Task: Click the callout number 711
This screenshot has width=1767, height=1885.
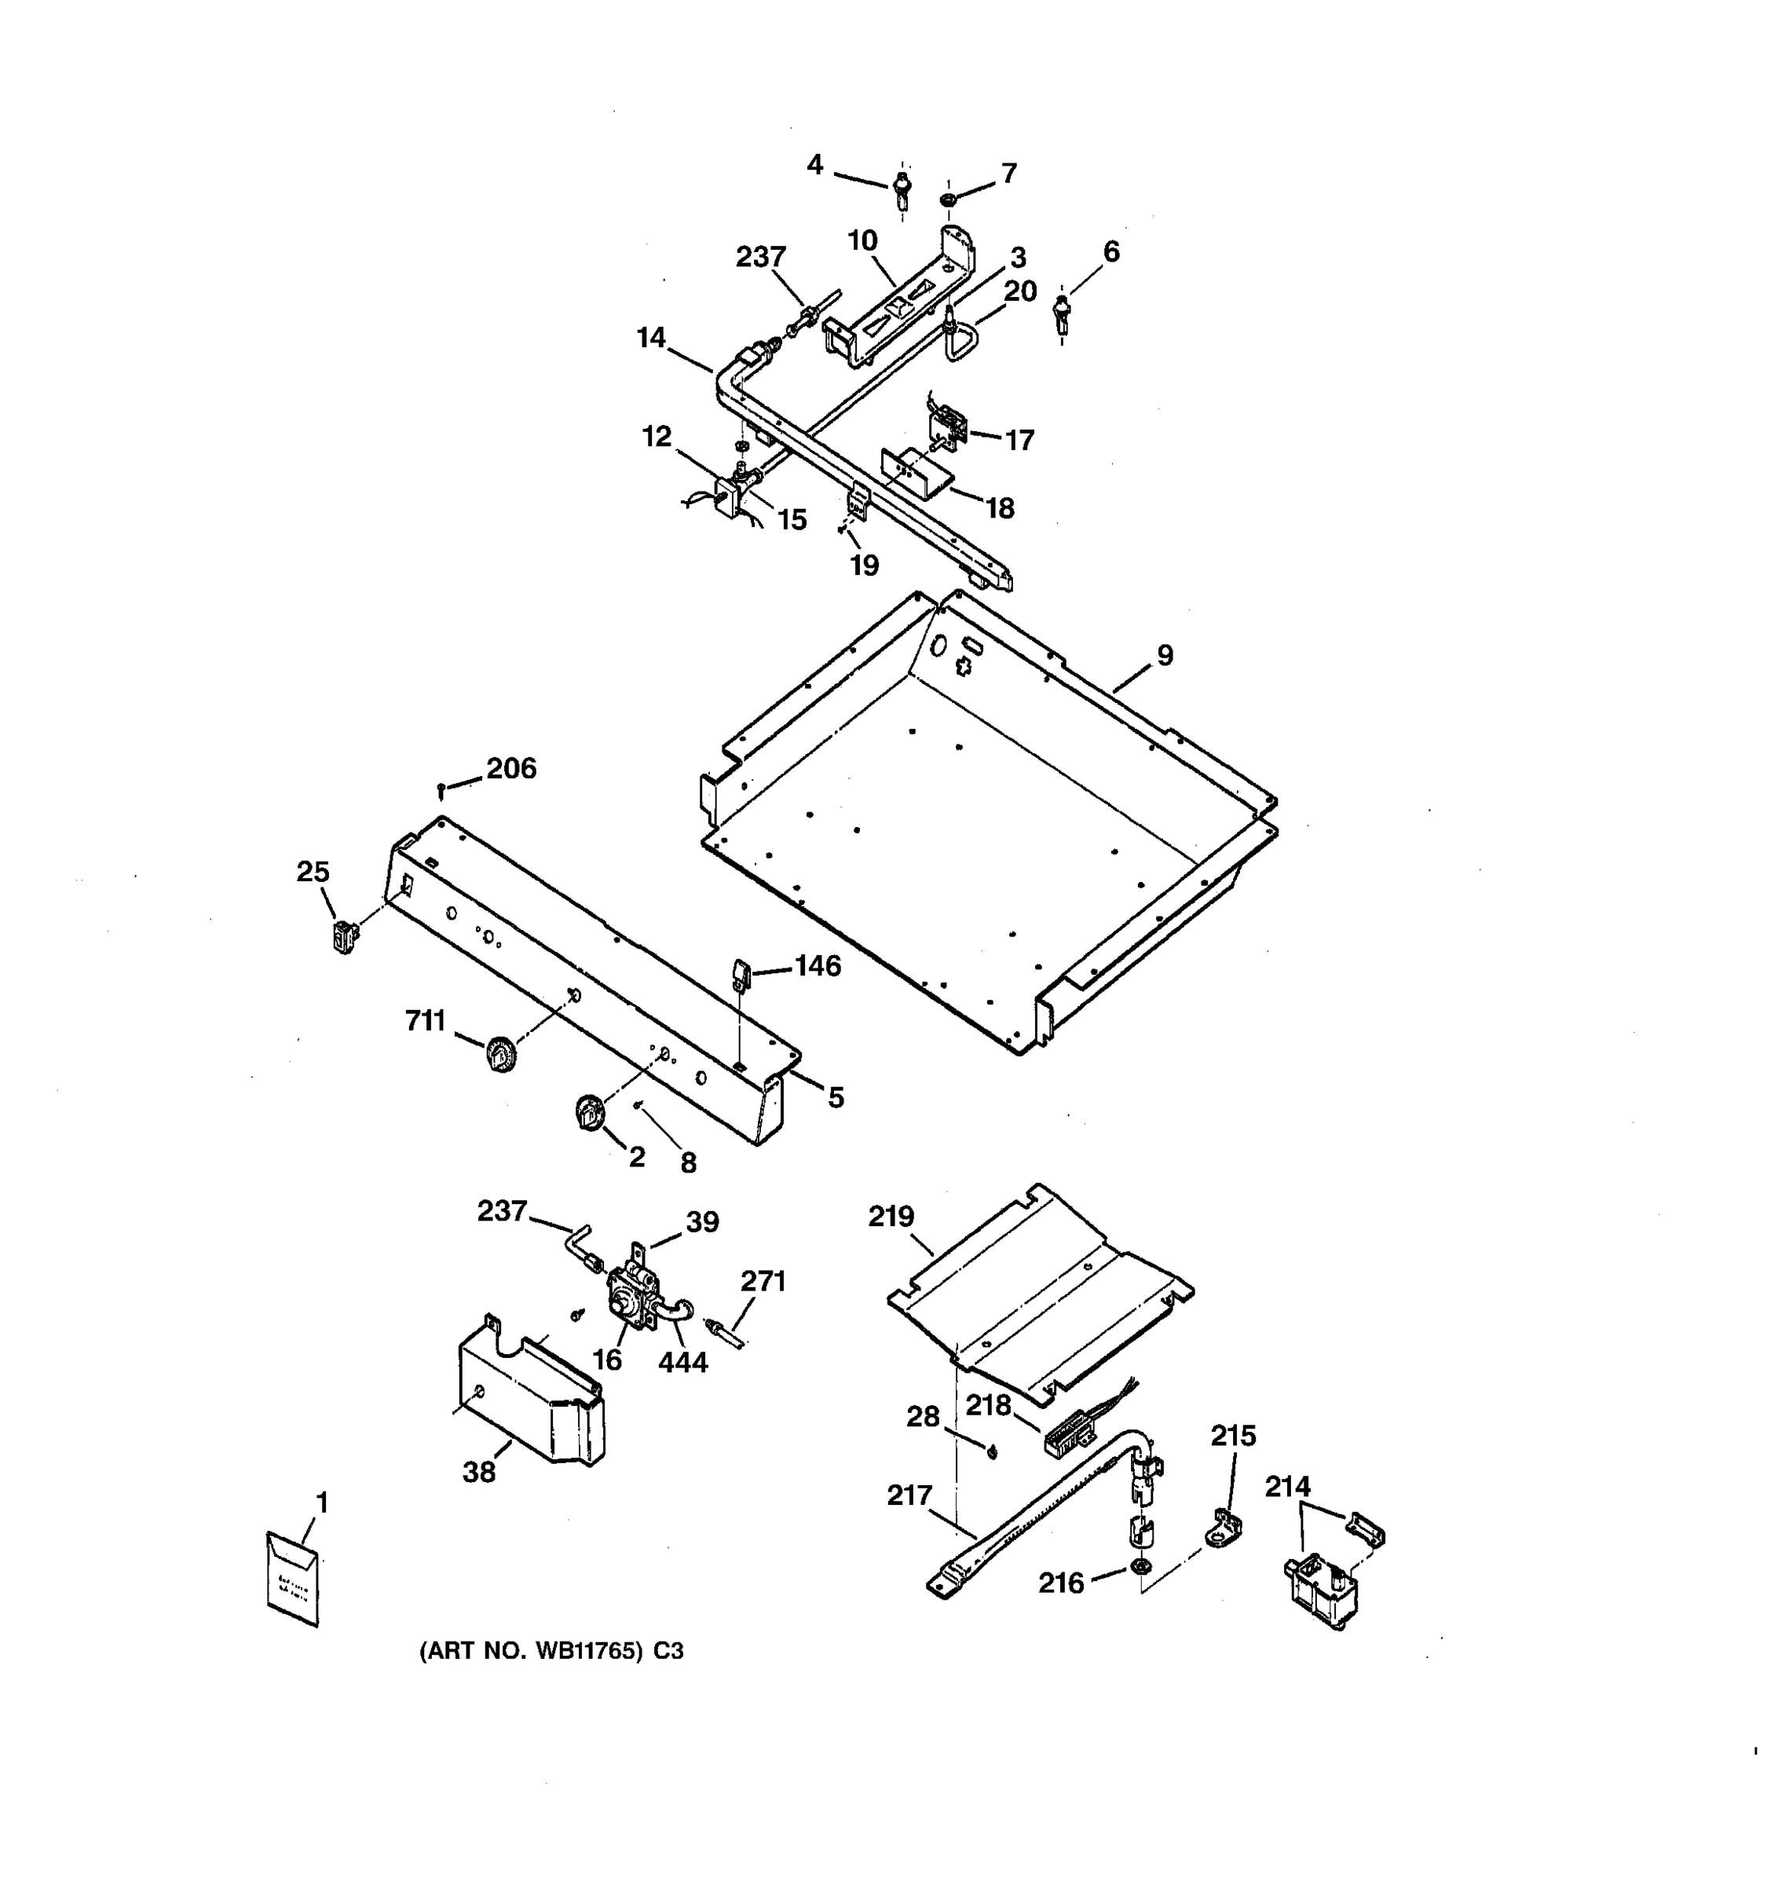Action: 425,1020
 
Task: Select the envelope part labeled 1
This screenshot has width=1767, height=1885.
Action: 292,1579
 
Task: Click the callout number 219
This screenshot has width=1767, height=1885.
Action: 891,1217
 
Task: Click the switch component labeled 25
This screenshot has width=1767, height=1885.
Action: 345,937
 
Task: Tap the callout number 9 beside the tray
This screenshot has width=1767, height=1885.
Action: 1164,655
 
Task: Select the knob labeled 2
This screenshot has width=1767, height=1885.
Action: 590,1111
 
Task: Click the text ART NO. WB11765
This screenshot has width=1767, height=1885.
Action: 536,1651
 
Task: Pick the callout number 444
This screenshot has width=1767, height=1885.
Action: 682,1363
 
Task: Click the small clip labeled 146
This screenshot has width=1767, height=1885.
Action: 741,973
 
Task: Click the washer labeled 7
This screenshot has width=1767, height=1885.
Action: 947,200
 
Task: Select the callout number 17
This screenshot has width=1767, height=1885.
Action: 1019,440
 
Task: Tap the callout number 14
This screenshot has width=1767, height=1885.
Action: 650,338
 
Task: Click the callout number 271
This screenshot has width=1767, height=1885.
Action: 763,1281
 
